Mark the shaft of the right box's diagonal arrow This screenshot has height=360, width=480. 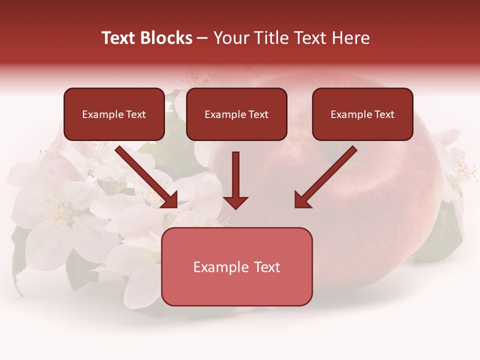(332, 170)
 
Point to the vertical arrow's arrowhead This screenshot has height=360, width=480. (235, 202)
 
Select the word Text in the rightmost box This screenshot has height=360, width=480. (384, 114)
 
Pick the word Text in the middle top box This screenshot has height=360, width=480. (258, 114)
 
